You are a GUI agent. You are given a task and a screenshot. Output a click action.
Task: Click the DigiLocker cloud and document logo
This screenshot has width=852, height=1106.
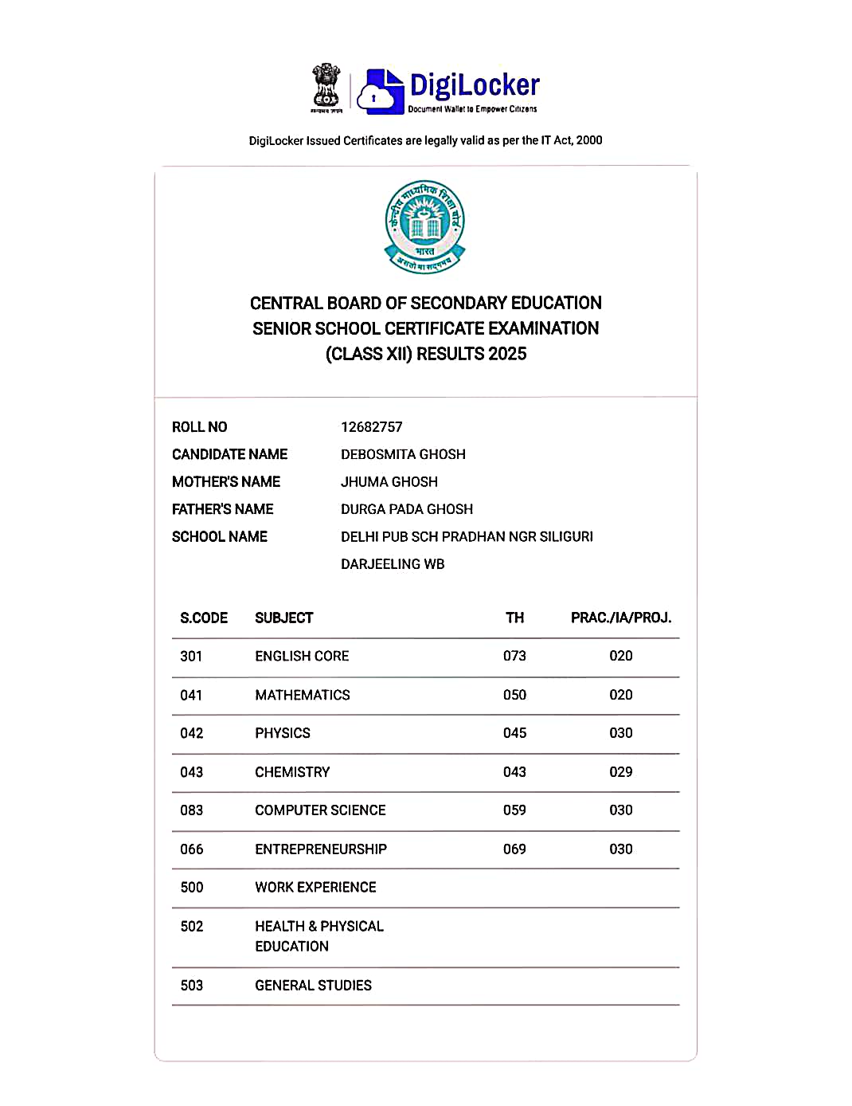pos(380,90)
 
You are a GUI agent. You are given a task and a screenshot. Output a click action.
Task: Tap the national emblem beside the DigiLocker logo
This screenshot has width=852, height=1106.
pos(326,88)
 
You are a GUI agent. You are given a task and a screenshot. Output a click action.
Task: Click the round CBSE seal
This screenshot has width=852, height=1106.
pos(425,226)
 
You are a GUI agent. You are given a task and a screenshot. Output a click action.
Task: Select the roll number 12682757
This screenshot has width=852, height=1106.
pos(371,427)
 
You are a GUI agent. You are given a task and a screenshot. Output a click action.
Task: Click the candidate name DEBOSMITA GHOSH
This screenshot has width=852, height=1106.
pos(403,454)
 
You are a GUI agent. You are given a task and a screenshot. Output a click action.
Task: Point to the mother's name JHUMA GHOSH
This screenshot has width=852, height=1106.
pos(389,482)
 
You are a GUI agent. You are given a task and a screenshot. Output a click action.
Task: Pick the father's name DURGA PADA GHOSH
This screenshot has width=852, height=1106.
pos(406,509)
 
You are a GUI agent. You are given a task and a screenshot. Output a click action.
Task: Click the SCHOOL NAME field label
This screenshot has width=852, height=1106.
pos(219,537)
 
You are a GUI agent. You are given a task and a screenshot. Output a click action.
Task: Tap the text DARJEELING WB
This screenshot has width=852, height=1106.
pos(393,564)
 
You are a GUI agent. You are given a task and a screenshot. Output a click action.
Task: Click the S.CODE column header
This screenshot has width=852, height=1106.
pos(204,618)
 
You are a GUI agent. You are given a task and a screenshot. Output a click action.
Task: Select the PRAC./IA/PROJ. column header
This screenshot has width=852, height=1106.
pos(620,618)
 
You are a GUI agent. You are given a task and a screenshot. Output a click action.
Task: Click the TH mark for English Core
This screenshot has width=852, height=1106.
pos(514,656)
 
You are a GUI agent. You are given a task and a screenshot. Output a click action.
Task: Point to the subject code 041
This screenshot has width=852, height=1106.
pos(191,695)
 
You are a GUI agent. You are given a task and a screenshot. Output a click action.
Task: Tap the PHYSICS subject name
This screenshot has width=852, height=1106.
pos(283,733)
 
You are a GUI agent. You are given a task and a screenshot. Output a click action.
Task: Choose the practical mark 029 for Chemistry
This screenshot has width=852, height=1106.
pos(620,772)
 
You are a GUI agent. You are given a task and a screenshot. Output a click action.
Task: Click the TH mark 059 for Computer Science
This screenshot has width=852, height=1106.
pos(514,810)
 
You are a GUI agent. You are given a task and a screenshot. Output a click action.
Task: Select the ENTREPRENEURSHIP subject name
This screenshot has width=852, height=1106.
pos(321,849)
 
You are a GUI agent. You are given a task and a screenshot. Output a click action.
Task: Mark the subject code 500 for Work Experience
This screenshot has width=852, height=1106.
pos(191,888)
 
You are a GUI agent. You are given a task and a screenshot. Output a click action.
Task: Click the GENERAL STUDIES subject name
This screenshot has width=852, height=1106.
pos(313,986)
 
